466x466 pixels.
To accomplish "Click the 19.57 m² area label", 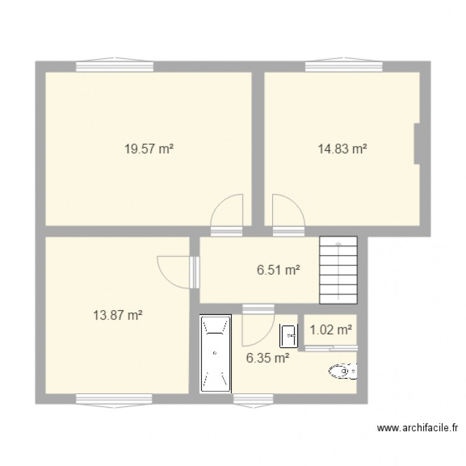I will (148, 149).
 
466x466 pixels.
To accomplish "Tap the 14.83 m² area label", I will (342, 149).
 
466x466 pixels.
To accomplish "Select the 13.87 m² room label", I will (117, 316).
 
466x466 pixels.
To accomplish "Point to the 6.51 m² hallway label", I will (278, 270).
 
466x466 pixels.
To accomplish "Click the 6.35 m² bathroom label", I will (268, 357).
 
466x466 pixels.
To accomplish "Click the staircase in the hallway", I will (339, 270).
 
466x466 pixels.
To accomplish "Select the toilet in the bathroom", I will (342, 372).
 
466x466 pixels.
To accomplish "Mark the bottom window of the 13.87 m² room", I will (102, 398).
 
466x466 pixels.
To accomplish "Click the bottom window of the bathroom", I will (251, 398).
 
